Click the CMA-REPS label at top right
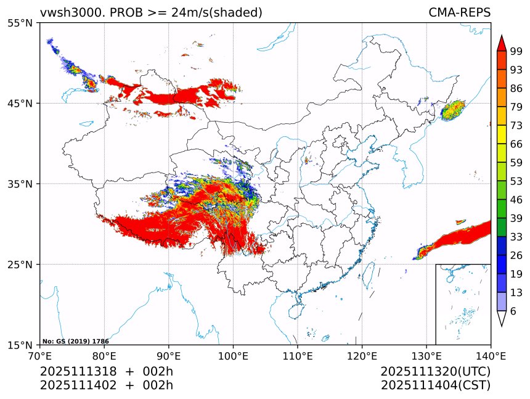pos(459,12)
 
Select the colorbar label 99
pos(516,52)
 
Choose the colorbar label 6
pos(513,311)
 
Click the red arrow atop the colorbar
pos(502,43)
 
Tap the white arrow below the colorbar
pos(502,319)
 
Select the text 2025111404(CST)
pos(435,385)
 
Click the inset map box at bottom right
pos(463,304)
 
